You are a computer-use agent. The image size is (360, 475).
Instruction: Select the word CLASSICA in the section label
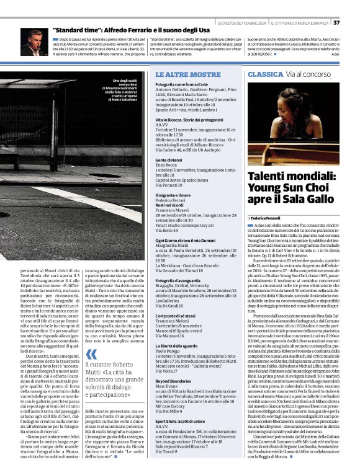[266, 74]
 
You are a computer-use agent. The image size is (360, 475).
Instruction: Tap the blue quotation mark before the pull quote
[91, 355]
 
